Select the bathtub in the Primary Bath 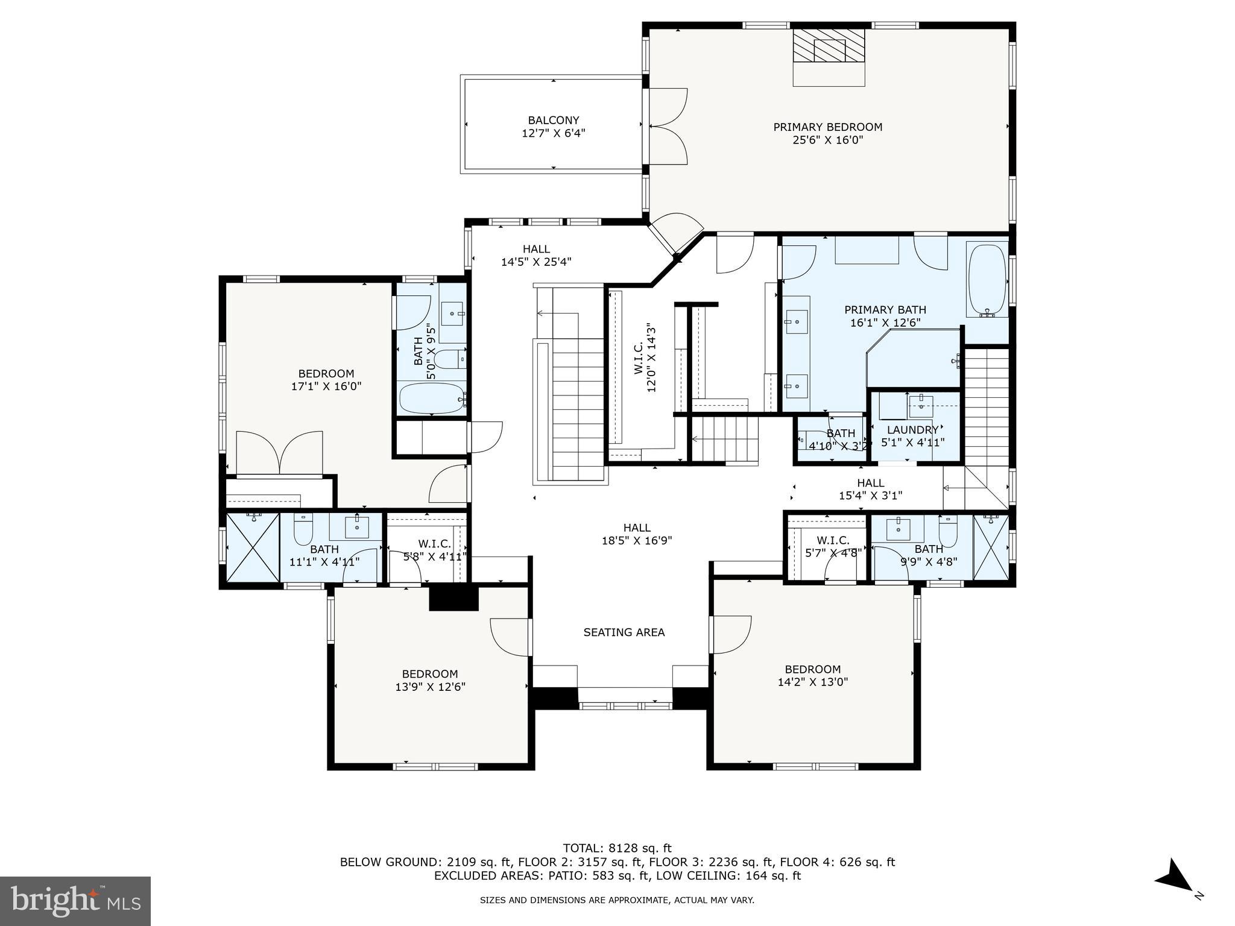pyautogui.click(x=987, y=280)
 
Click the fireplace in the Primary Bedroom pyautogui.click(x=829, y=46)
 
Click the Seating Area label pyautogui.click(x=624, y=632)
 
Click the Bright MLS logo pyautogui.click(x=75, y=901)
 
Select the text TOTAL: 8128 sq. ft pyautogui.click(x=617, y=848)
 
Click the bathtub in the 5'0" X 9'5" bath pyautogui.click(x=432, y=398)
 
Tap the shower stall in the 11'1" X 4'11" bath pyautogui.click(x=253, y=547)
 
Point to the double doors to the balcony pyautogui.click(x=668, y=127)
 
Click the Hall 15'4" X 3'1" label pyautogui.click(x=870, y=489)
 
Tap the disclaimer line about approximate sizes pyautogui.click(x=617, y=900)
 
